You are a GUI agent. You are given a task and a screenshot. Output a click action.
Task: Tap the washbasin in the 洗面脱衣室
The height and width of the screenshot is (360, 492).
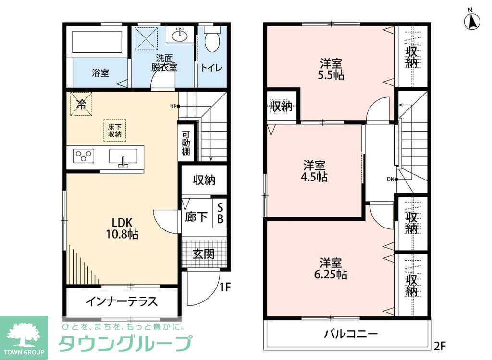pos(180,34)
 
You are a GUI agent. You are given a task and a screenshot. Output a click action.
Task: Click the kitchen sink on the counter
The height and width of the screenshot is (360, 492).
pos(123,157)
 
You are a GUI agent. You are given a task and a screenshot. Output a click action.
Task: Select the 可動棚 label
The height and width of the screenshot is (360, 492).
pos(186,143)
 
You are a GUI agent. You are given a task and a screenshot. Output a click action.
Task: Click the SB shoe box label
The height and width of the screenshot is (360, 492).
pos(220,213)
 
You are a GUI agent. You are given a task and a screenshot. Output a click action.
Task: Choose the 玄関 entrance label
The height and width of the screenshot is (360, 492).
pos(203,254)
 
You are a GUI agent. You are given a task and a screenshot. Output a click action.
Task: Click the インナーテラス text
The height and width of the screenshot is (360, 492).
pos(122,301)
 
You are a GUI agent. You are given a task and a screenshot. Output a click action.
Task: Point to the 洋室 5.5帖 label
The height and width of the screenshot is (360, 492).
pos(332,69)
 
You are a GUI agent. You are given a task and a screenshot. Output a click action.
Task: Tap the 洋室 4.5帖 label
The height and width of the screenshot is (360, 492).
pos(315,171)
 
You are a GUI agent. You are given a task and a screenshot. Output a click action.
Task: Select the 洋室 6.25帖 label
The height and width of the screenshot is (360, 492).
pos(332,269)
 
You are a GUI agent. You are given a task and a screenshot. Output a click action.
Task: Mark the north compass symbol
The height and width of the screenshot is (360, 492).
pos(472,20)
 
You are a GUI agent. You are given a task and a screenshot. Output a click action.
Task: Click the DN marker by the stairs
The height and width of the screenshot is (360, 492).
pos(393,180)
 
